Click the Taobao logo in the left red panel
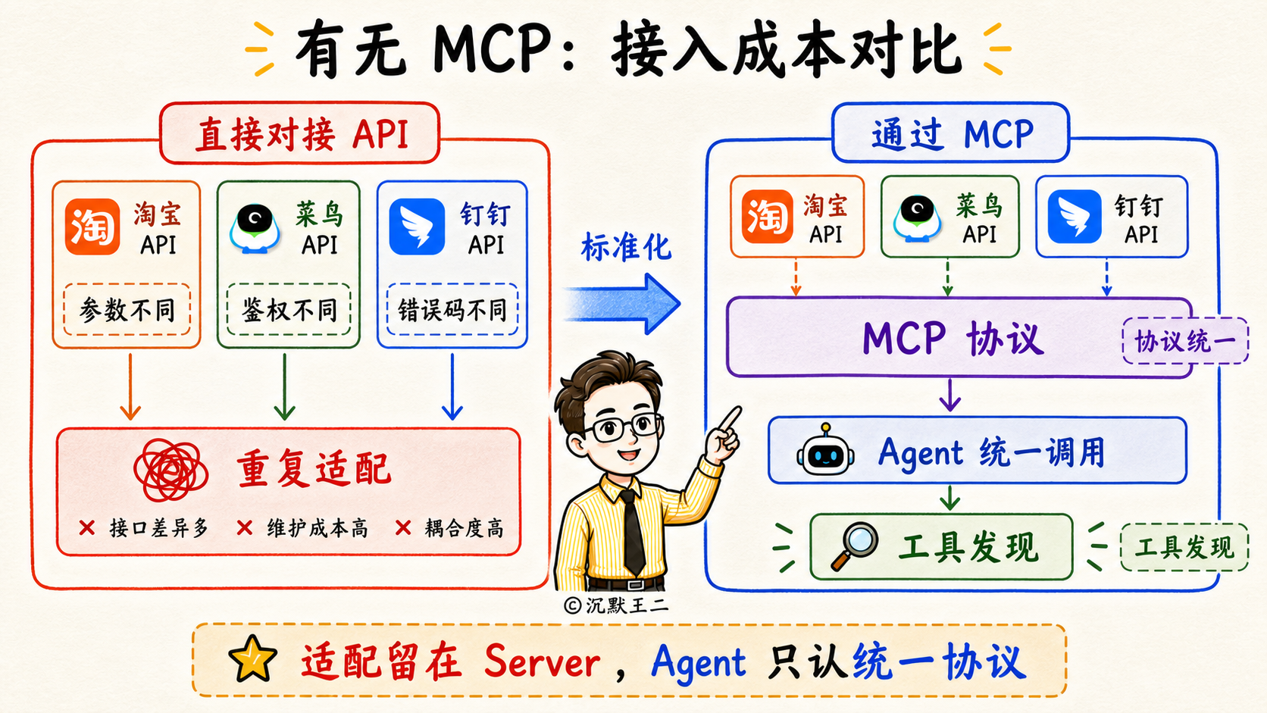92,227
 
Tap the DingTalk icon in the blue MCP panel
1074,217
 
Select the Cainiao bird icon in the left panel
255,228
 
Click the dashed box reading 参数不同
127,309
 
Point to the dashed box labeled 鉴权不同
289,309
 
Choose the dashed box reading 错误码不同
452,309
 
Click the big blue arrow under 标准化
622,304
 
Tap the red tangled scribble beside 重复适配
170,471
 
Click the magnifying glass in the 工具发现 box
854,546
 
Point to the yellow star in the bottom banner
252,658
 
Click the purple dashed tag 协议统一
1185,341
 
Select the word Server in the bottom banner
541,661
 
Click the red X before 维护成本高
244,528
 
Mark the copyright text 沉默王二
627,605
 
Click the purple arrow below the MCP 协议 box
949,396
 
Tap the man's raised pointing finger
730,418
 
